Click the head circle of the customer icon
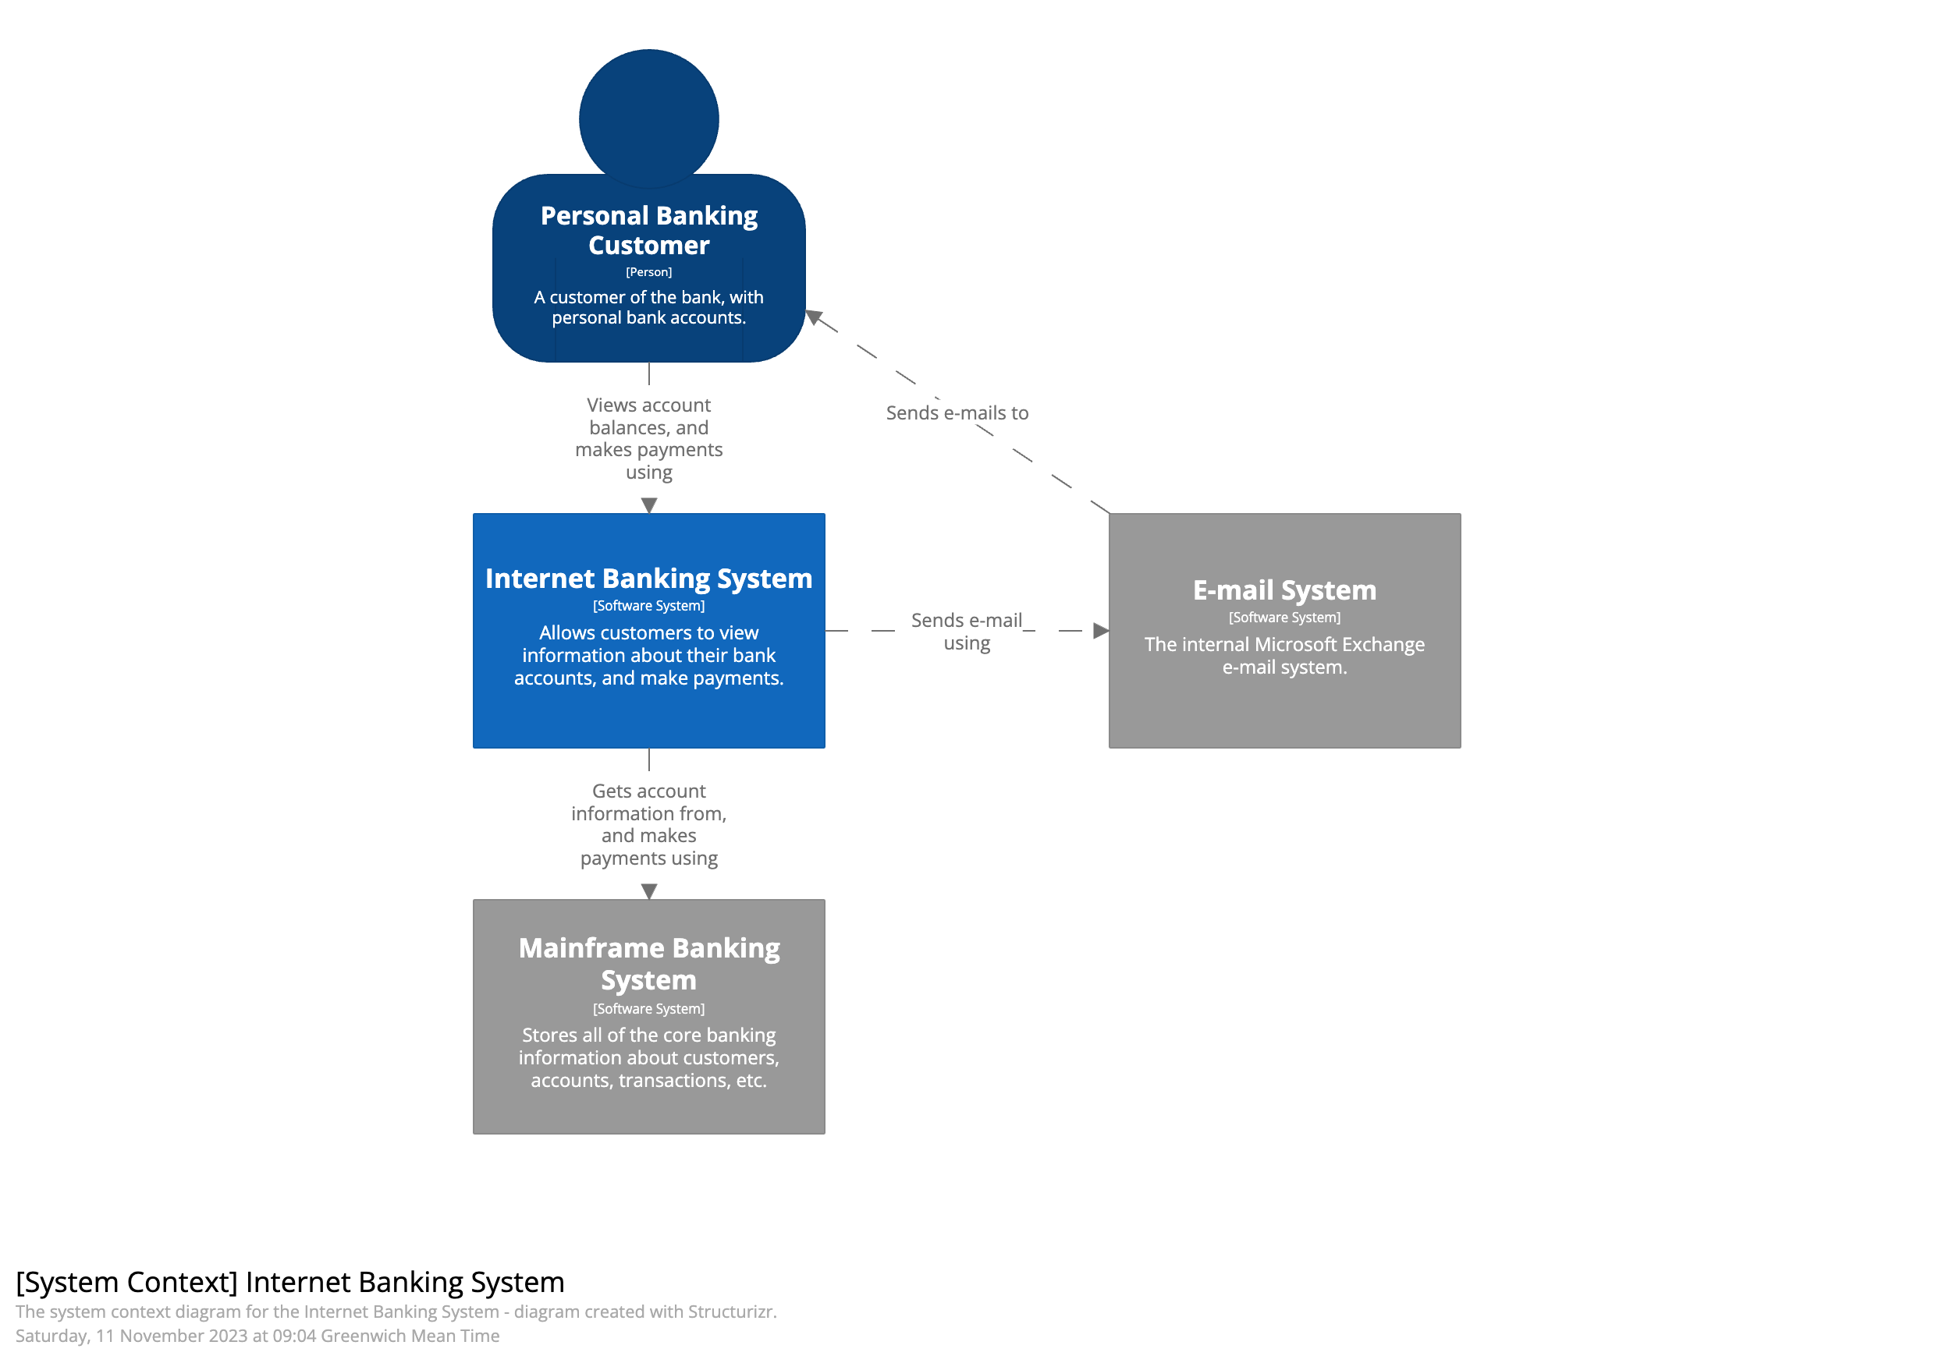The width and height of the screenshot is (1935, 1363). [648, 118]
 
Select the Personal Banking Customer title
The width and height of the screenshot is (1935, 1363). [648, 230]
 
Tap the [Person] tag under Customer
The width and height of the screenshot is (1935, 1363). [648, 272]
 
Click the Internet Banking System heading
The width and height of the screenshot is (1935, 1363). [648, 578]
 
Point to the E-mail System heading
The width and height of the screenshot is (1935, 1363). [1283, 589]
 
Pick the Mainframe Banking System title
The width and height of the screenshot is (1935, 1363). [648, 963]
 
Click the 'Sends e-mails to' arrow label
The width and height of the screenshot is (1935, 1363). [957, 412]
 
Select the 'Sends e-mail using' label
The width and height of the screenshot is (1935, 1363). [966, 631]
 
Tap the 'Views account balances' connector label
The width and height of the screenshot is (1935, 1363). [648, 438]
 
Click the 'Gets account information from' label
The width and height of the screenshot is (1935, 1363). [648, 824]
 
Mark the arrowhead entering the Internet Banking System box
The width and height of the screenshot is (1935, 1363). [648, 504]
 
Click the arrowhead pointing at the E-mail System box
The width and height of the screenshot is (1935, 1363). [1100, 630]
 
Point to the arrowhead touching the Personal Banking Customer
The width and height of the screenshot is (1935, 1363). [813, 317]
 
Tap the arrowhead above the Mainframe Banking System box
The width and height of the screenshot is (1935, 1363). [648, 890]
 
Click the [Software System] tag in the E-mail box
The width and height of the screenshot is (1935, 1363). [1283, 618]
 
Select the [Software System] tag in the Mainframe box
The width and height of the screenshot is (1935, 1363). [648, 1008]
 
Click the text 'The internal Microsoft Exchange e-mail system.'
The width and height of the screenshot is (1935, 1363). [1283, 656]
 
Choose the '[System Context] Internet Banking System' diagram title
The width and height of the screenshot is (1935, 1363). [290, 1281]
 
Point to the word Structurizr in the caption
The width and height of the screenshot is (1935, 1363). [730, 1311]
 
